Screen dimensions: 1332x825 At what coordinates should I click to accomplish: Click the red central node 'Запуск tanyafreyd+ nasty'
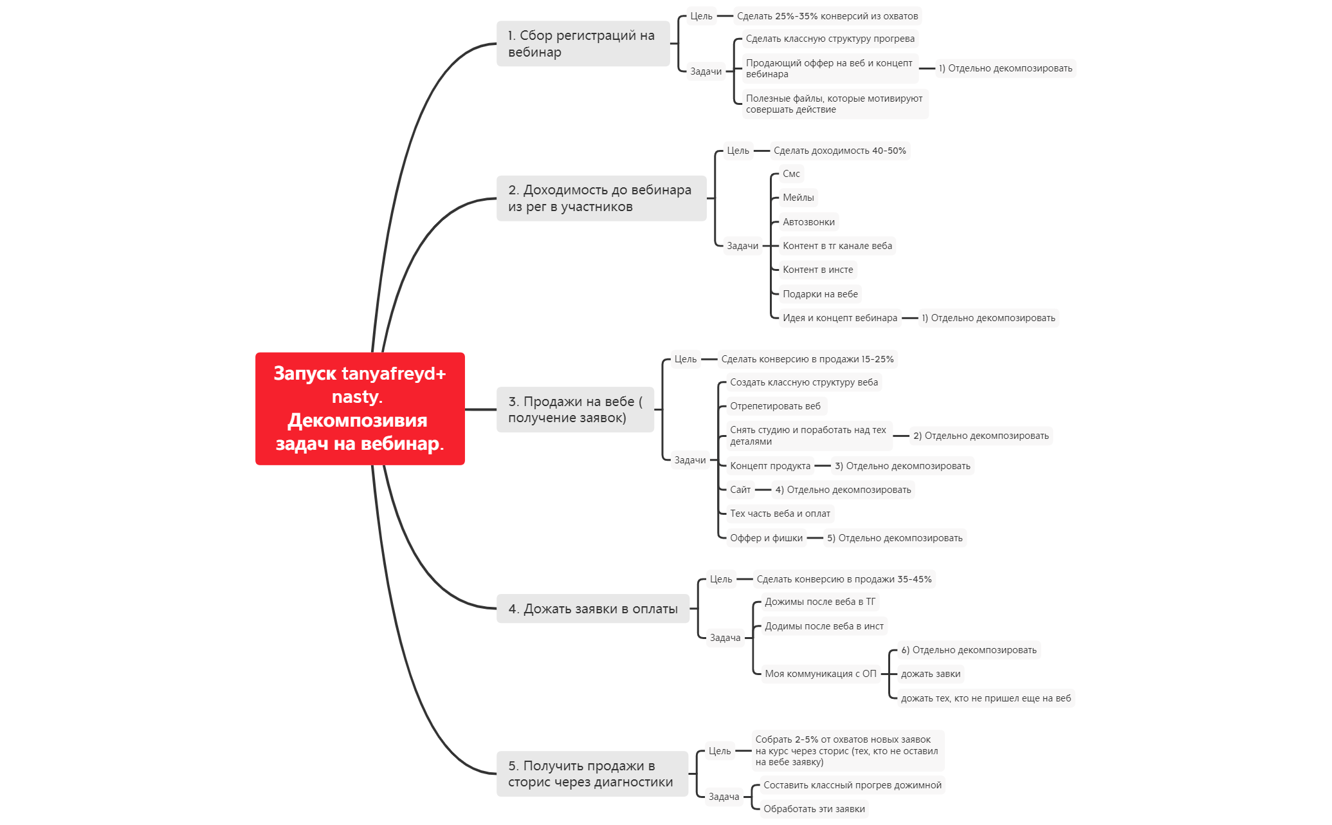360,409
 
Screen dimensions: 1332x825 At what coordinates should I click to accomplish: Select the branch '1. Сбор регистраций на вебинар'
583,44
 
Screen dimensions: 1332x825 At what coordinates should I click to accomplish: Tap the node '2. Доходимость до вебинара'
601,198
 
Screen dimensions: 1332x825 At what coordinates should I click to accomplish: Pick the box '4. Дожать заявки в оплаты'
593,609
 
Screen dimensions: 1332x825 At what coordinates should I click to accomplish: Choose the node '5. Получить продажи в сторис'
592,774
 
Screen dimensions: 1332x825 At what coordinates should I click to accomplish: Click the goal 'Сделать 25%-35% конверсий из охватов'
827,16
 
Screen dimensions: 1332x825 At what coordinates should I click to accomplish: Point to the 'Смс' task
791,174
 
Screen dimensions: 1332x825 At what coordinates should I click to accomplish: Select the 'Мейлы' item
798,198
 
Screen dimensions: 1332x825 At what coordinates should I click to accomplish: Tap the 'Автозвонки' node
808,222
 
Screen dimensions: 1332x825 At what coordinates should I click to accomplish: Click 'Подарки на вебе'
820,294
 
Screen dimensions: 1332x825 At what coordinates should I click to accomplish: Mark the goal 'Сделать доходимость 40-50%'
839,151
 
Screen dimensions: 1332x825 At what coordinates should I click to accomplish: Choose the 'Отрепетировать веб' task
775,406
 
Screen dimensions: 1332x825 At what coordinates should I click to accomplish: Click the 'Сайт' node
740,490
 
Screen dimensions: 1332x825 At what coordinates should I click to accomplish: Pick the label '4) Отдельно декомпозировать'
843,490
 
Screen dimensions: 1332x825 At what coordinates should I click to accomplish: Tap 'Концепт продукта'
770,466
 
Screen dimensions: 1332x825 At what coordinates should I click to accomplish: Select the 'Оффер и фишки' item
766,538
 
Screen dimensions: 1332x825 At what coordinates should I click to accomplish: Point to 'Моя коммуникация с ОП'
821,674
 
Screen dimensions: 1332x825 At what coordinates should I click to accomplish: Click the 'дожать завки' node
931,674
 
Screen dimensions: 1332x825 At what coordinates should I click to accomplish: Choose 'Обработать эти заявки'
814,809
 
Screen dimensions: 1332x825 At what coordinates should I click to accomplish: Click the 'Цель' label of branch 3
686,359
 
